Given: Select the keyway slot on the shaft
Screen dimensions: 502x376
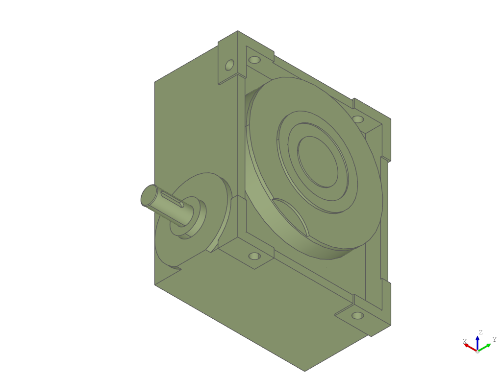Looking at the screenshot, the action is point(172,199).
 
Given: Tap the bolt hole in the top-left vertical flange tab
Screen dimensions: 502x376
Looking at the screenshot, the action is point(229,65).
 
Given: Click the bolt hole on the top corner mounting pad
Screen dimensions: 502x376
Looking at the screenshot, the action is point(254,60).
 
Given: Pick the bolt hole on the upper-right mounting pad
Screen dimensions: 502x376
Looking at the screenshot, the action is point(357,119).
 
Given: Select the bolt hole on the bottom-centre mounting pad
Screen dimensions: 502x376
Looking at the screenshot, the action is point(254,256).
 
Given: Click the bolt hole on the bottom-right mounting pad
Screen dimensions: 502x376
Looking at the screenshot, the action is point(357,316).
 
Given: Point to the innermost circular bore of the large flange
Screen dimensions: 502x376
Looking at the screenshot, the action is point(318,162).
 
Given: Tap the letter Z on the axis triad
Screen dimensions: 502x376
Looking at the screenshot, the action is point(480,332).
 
